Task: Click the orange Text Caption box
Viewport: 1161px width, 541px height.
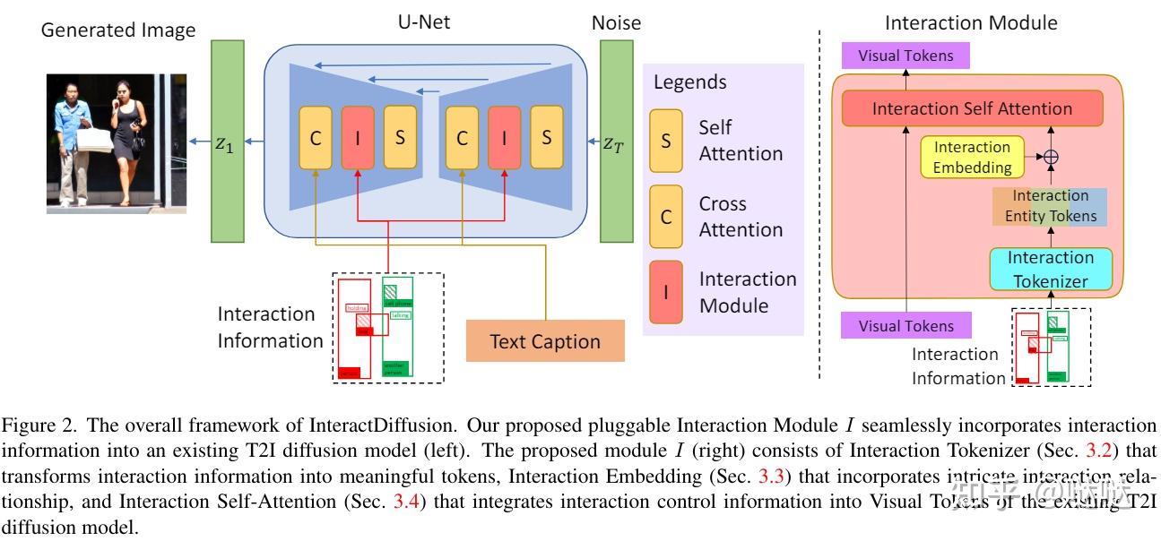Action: click(544, 341)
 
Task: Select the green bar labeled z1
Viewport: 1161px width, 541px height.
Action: click(227, 141)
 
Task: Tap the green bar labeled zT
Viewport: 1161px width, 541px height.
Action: click(616, 141)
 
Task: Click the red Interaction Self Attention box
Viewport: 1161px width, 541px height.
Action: click(972, 108)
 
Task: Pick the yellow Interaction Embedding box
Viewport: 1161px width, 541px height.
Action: click(971, 157)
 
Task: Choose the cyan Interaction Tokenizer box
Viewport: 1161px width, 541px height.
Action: click(1051, 269)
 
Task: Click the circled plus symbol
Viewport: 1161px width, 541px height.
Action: click(1052, 157)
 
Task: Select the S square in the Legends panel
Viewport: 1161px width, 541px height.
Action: click(666, 141)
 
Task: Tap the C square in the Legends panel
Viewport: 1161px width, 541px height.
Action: click(666, 217)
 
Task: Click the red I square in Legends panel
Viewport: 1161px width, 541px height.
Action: click(666, 292)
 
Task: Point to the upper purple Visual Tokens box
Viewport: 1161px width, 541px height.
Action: click(905, 56)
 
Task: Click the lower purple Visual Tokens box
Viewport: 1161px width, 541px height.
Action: click(905, 326)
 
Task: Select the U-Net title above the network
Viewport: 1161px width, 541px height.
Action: click(423, 21)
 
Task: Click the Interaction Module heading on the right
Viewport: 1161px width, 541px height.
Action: click(971, 22)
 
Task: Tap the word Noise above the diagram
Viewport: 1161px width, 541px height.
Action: click(616, 22)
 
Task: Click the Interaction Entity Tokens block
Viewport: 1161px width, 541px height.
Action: click(1049, 206)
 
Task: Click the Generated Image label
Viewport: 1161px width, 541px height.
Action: click(118, 30)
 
